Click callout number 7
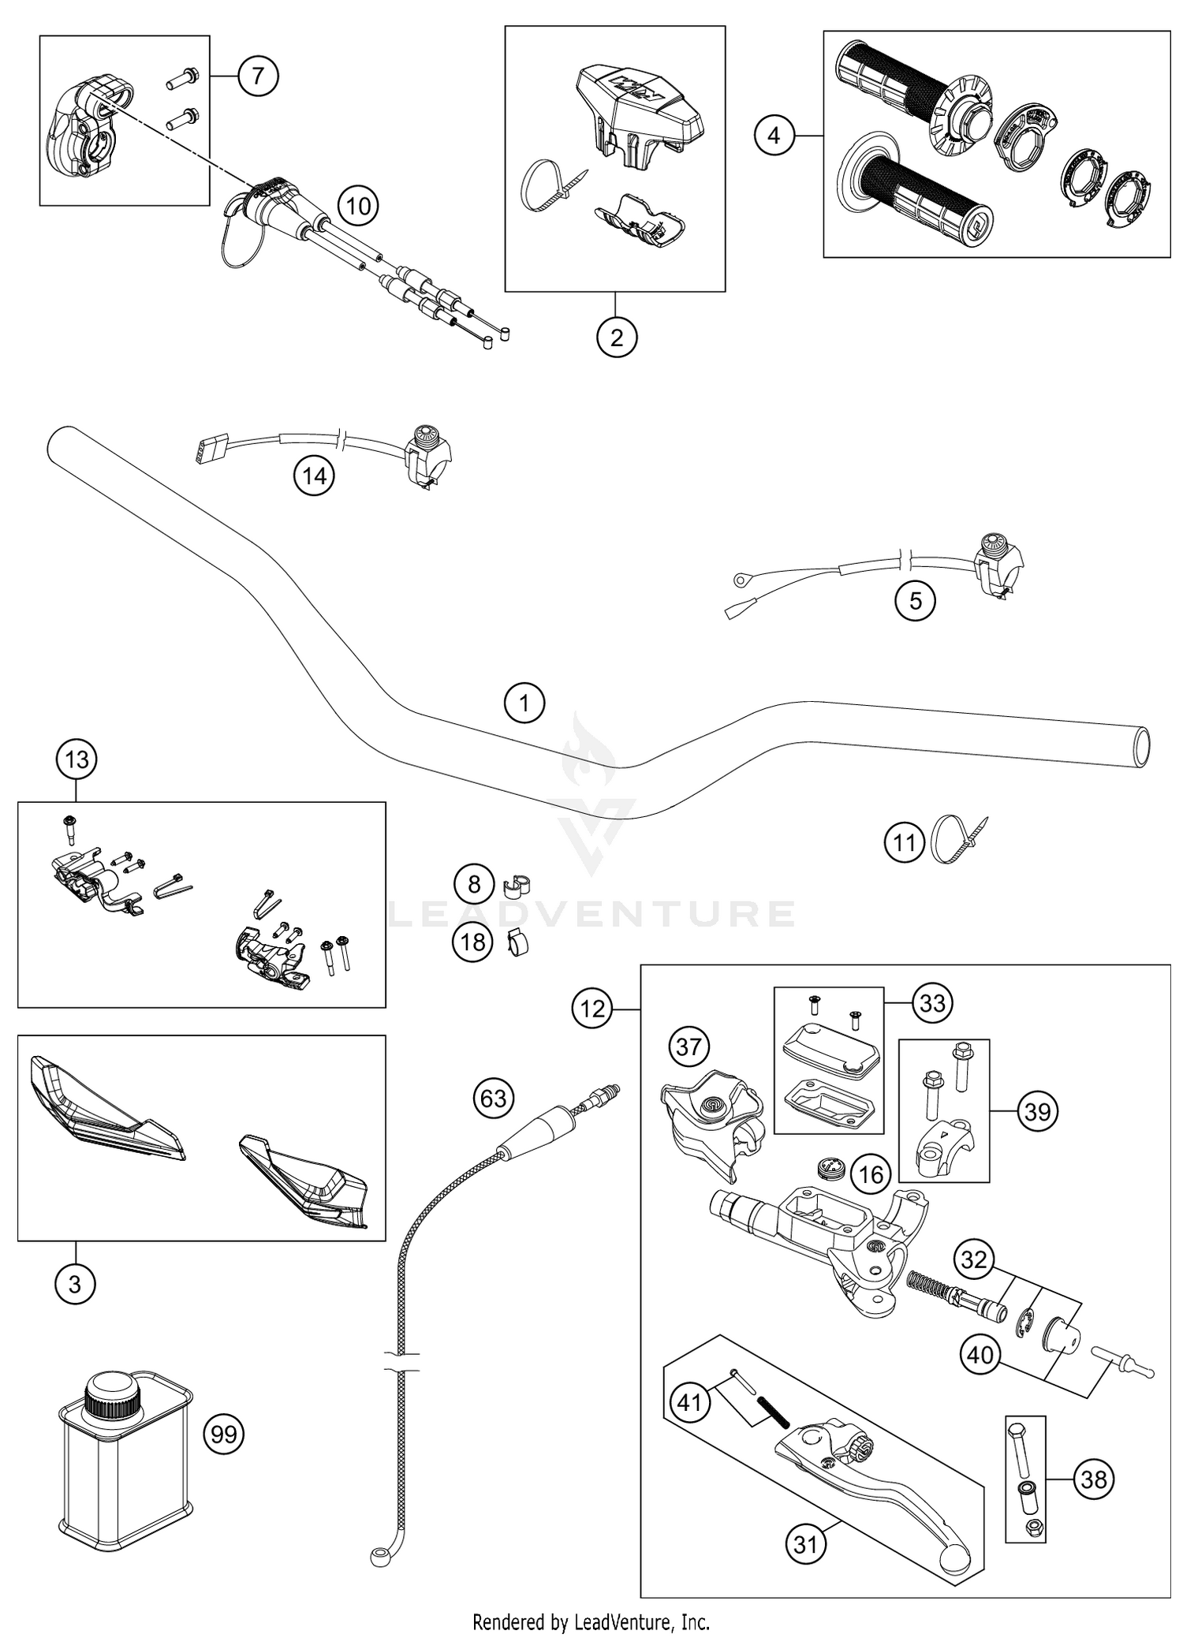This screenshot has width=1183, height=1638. click(259, 76)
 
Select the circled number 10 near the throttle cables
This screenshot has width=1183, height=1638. click(358, 207)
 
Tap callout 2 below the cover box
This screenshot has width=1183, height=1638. click(616, 338)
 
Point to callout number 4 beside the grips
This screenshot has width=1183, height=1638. click(774, 136)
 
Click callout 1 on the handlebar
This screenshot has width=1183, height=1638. click(524, 701)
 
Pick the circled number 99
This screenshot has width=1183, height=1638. click(224, 1433)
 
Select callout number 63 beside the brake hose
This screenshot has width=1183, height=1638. click(494, 1098)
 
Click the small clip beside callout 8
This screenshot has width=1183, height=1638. click(516, 886)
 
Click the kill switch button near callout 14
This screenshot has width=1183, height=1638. click(426, 434)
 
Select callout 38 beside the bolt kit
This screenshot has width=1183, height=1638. click(1093, 1479)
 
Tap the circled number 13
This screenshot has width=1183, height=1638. click(77, 759)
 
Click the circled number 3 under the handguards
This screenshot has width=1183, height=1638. click(75, 1284)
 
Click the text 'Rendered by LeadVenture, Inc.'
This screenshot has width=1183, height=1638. click(591, 1621)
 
